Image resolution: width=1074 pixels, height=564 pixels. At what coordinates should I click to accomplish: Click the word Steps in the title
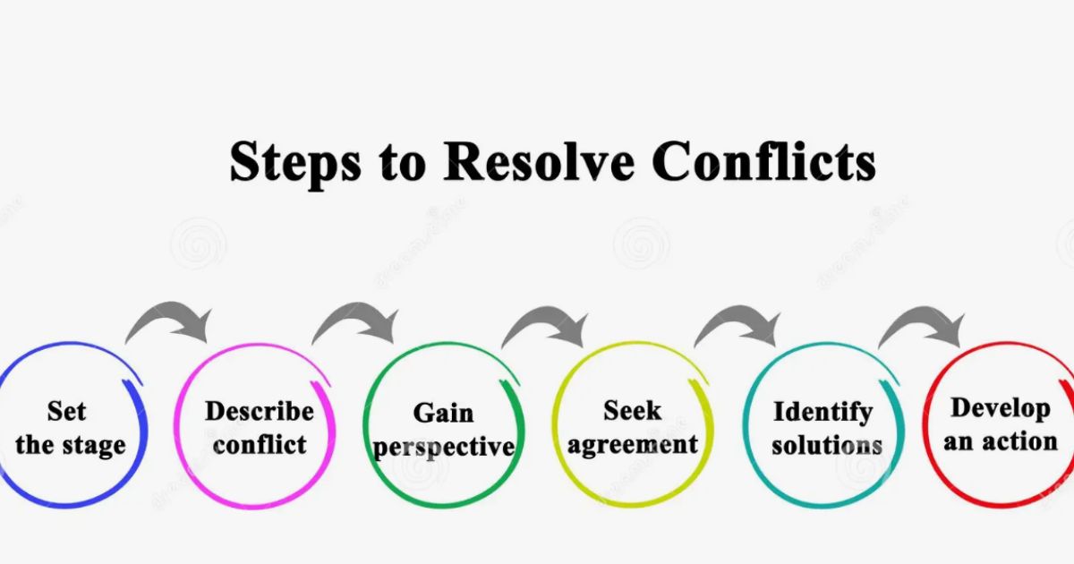294,163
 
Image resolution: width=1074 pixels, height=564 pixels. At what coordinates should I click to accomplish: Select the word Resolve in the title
539,160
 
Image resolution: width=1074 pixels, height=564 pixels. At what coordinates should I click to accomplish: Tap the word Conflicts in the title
763,160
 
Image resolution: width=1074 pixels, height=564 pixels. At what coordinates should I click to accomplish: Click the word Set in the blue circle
66,411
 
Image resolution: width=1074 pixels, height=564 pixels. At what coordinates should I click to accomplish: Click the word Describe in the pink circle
260,411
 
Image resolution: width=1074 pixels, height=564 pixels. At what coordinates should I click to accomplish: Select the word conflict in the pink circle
260,445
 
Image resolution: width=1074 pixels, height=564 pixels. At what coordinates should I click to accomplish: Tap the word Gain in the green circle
444,413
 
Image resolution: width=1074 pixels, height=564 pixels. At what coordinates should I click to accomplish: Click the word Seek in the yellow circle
633,411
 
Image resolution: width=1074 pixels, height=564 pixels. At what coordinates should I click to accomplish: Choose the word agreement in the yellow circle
633,446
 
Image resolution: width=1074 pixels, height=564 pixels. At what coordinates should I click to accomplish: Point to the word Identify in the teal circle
823,413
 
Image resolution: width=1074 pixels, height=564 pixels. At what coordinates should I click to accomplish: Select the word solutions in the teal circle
827,445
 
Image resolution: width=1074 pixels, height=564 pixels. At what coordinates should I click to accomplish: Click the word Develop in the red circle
1001,409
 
